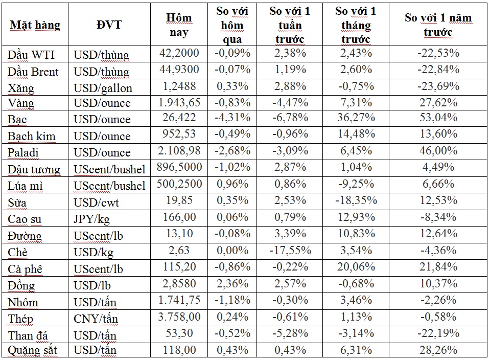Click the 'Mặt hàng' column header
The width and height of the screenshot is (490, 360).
35,25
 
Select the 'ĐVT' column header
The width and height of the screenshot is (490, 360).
109,25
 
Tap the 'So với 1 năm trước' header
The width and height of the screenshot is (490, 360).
438,25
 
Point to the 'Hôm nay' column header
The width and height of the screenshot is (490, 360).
179,25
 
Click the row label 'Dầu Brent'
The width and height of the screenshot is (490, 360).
33,72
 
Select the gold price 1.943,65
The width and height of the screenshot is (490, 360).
179,103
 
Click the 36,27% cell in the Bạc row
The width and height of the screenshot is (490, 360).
356,117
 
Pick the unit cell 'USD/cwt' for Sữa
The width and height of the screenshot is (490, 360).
96,202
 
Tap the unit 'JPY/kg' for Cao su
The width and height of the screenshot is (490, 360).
91,219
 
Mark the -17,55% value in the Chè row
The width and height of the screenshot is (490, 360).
290,250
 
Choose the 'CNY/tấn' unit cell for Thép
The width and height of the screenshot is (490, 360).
96,319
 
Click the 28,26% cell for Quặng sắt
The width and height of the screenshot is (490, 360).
438,350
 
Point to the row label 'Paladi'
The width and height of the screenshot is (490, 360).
23,152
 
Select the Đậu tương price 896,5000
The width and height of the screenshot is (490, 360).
179,167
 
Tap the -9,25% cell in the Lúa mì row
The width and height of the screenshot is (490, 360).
356,184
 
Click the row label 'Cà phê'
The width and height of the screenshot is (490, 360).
25,269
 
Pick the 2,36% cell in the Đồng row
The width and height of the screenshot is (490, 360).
232,283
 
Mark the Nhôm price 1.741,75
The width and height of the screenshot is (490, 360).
179,300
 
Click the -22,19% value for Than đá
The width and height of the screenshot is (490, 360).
438,333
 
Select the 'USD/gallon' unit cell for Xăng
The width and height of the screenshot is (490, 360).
103,88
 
